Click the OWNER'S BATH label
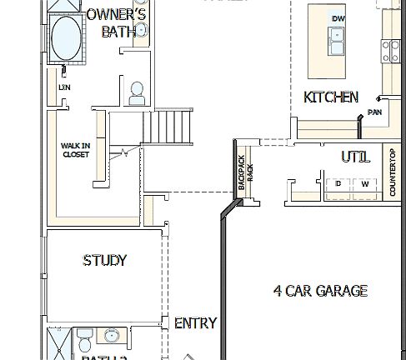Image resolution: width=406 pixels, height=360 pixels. (x=117, y=23)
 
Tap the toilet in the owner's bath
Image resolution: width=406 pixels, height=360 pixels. (x=137, y=93)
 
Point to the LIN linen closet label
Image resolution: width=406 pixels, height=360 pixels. (x=64, y=87)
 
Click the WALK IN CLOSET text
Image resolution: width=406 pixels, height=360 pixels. (x=76, y=149)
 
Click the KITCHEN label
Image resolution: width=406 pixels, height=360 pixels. (x=331, y=97)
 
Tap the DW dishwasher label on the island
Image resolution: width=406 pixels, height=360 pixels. (x=338, y=18)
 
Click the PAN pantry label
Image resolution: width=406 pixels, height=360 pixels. (x=375, y=111)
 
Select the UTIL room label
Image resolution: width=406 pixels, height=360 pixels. (x=356, y=156)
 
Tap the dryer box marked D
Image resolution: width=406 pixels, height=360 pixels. (x=338, y=183)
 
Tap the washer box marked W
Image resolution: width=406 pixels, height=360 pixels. (x=364, y=183)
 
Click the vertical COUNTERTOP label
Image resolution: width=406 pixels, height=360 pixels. (x=393, y=172)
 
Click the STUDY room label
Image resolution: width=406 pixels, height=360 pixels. (x=105, y=261)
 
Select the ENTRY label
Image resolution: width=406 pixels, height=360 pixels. (x=195, y=323)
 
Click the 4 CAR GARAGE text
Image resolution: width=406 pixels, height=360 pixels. (x=320, y=291)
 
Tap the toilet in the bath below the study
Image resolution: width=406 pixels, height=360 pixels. (x=83, y=340)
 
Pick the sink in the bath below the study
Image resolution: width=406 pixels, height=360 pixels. (x=112, y=337)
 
